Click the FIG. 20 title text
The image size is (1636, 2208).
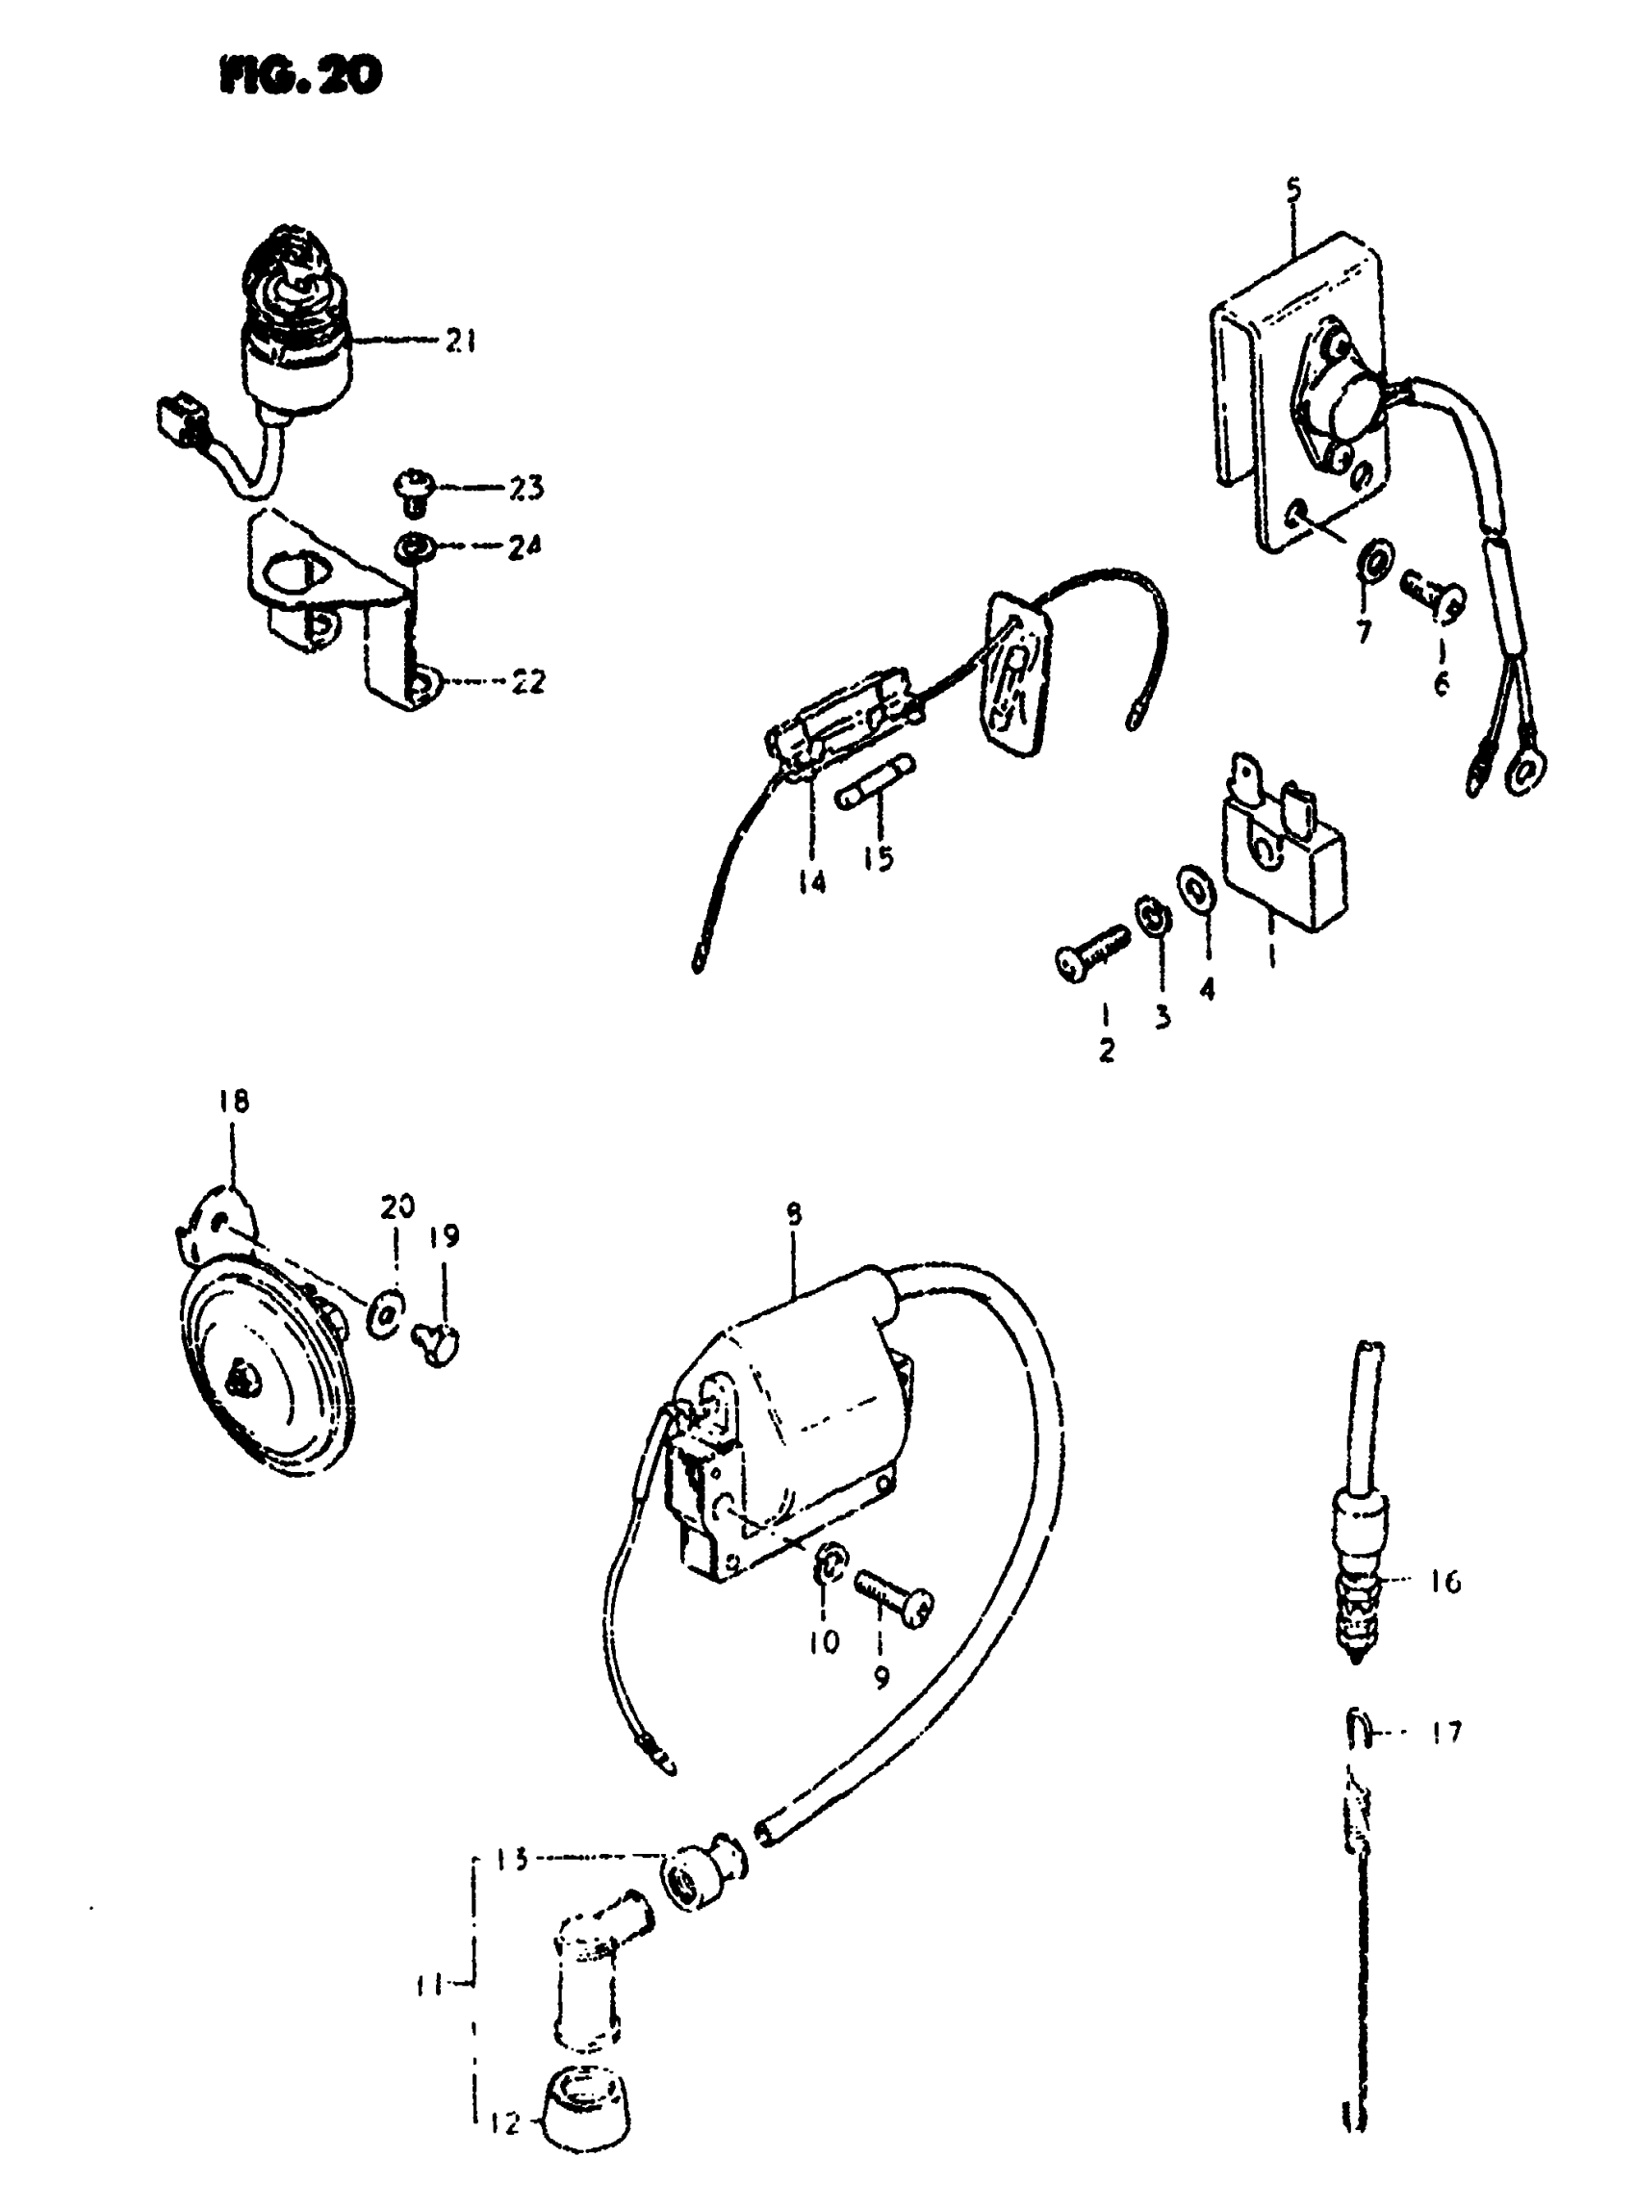[x=300, y=76]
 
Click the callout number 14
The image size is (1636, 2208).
[x=811, y=880]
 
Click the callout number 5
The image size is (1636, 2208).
[x=1294, y=189]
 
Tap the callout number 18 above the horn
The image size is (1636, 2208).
[x=235, y=1101]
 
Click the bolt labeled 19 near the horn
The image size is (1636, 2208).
[x=437, y=1344]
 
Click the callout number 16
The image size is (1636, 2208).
[x=1445, y=1583]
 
